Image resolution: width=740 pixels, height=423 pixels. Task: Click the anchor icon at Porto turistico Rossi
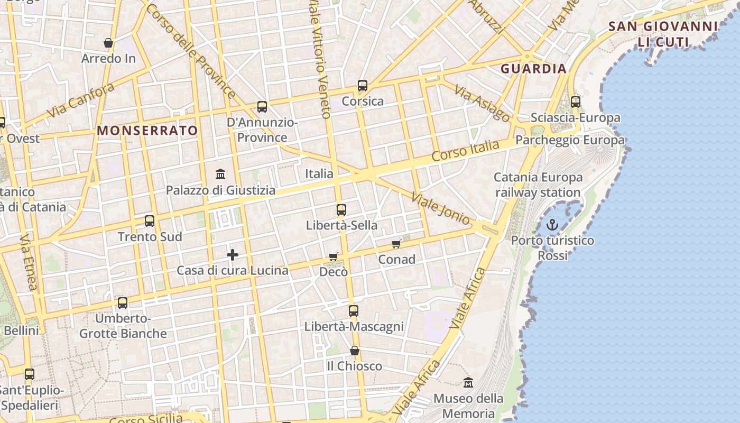click(552, 225)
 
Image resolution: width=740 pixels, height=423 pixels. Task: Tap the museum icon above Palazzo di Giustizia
click(220, 174)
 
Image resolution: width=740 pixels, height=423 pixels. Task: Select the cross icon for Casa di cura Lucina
click(232, 255)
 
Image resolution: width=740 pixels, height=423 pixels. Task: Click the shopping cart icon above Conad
click(396, 244)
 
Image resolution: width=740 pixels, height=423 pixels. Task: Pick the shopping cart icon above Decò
click(334, 256)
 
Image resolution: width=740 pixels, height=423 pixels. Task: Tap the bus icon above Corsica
click(363, 85)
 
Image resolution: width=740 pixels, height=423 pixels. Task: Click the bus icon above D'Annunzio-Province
click(262, 106)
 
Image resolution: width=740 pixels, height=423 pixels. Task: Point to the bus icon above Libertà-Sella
click(341, 209)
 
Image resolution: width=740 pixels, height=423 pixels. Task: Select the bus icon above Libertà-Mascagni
click(354, 311)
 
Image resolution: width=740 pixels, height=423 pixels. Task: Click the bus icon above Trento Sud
click(150, 220)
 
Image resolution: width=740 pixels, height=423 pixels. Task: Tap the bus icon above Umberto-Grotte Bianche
click(123, 302)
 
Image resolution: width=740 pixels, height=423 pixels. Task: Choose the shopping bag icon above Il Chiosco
click(355, 351)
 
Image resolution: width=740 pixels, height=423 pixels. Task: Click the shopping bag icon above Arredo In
click(108, 43)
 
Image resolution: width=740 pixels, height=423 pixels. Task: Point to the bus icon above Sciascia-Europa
click(576, 102)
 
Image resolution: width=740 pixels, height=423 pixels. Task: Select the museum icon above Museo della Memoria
click(468, 382)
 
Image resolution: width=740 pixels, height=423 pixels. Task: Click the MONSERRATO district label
click(147, 130)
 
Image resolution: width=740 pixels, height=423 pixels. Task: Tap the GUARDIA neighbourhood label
click(533, 68)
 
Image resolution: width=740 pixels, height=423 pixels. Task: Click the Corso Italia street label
click(465, 151)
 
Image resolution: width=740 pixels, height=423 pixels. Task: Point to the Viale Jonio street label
click(440, 209)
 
